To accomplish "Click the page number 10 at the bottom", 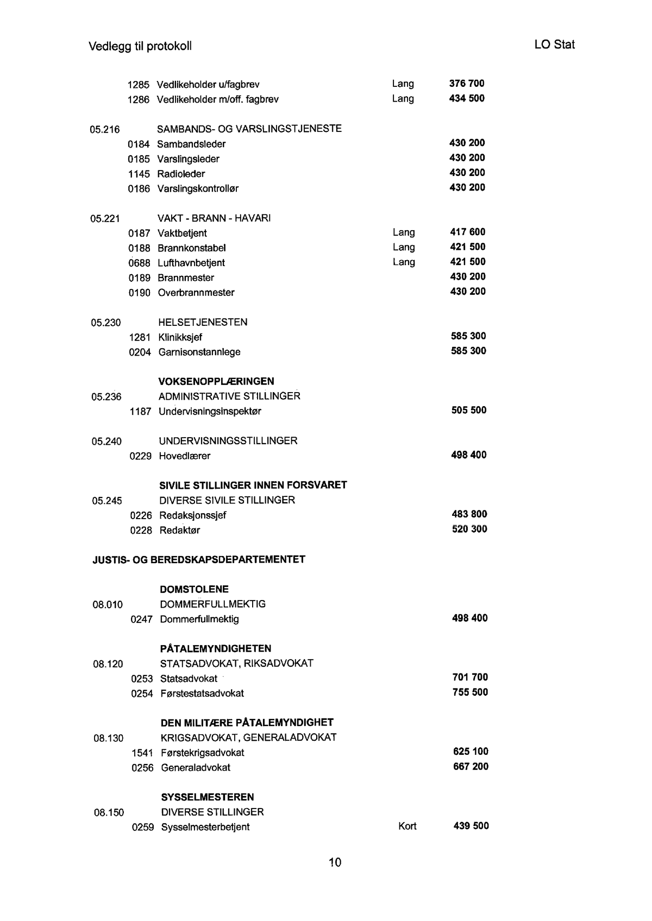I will click(x=335, y=862).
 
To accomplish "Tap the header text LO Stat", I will click(x=554, y=45).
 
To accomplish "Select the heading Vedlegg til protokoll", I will click(x=140, y=46).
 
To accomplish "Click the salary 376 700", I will click(x=467, y=84).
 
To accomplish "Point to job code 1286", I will click(x=138, y=99).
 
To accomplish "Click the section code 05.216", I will click(x=105, y=129).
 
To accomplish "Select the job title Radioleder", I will click(x=181, y=174).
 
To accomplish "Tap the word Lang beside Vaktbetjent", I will click(x=404, y=232).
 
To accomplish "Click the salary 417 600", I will click(x=468, y=232).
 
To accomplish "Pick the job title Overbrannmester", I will click(x=196, y=293).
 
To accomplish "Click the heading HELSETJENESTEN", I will click(x=203, y=323).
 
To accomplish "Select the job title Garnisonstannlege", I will click(x=199, y=352).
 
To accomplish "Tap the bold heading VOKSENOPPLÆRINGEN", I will click(x=216, y=381).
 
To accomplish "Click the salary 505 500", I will click(x=469, y=411).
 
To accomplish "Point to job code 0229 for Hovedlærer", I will click(x=140, y=456).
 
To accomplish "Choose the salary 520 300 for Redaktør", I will click(x=469, y=529).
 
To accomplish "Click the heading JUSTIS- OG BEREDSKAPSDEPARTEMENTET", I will click(x=199, y=559).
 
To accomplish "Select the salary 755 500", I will click(x=470, y=692).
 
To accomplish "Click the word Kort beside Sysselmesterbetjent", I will click(x=407, y=827).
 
